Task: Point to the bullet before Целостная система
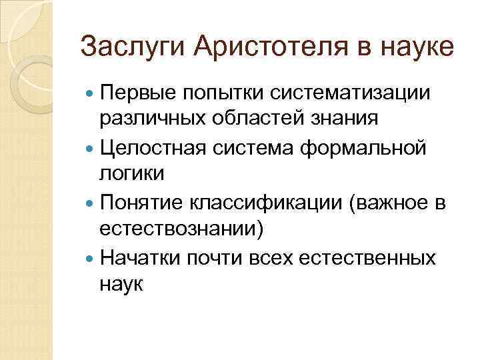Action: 91,147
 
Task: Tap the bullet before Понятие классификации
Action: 91,202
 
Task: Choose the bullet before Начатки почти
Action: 91,257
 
